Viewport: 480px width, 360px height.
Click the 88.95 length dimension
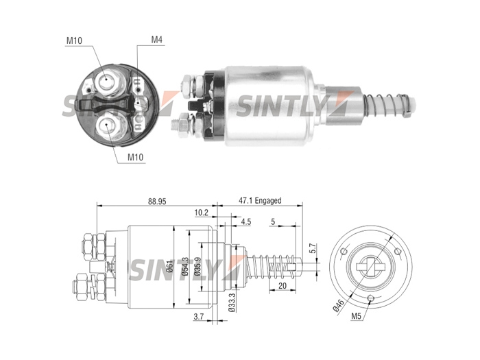(x=157, y=202)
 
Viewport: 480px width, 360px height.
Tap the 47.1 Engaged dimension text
(x=260, y=201)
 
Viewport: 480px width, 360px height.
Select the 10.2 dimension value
(x=202, y=213)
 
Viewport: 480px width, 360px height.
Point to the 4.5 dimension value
(x=245, y=221)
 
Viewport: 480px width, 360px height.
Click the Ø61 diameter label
(x=170, y=266)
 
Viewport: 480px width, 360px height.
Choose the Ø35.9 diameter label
(x=197, y=266)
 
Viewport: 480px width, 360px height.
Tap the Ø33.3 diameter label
(x=232, y=302)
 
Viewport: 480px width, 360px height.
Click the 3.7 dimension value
(x=199, y=317)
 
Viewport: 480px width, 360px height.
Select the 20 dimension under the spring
(x=283, y=286)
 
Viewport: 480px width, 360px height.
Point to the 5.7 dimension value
(x=312, y=248)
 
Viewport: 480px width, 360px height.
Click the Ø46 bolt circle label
(x=339, y=306)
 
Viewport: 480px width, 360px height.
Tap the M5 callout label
(x=357, y=316)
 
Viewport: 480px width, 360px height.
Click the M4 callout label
(x=157, y=40)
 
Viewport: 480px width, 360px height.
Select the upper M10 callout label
(x=74, y=40)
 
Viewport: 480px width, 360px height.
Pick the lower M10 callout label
(x=135, y=157)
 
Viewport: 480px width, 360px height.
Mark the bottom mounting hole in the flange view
(x=371, y=298)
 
